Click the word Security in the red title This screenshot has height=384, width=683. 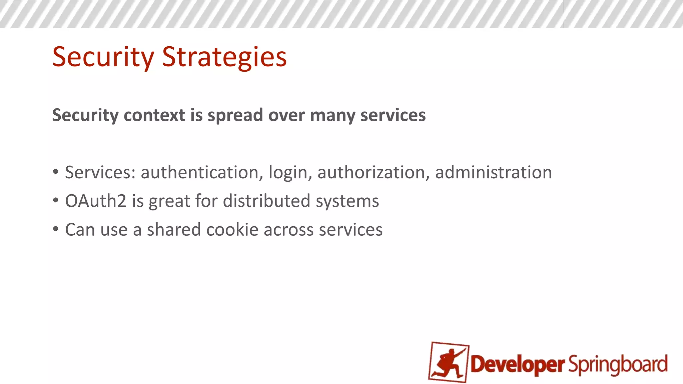(x=103, y=57)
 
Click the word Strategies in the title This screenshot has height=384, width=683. (x=224, y=57)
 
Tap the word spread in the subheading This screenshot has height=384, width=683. (x=235, y=115)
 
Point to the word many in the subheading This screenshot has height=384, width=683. (x=332, y=115)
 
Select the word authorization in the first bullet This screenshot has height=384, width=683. (x=371, y=173)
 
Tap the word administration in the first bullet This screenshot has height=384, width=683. (x=493, y=173)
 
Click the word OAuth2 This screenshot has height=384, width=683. (x=96, y=201)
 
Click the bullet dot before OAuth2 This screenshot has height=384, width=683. (x=56, y=201)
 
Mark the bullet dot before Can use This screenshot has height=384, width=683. (x=56, y=229)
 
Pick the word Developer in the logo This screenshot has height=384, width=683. (x=517, y=364)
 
